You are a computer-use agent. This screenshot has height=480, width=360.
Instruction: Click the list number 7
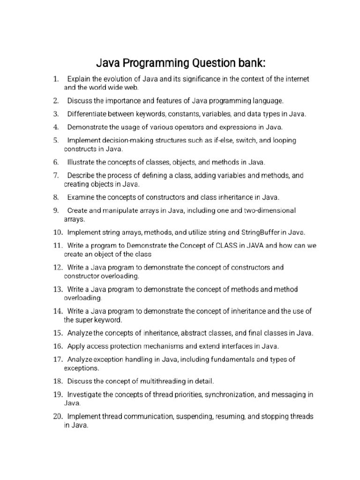[56, 175]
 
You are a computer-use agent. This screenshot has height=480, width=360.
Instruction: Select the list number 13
[58, 289]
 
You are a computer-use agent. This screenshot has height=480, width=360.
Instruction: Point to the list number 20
[58, 416]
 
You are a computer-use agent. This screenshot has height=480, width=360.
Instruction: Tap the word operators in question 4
[168, 127]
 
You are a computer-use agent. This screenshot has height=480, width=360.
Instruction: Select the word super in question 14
[84, 320]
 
